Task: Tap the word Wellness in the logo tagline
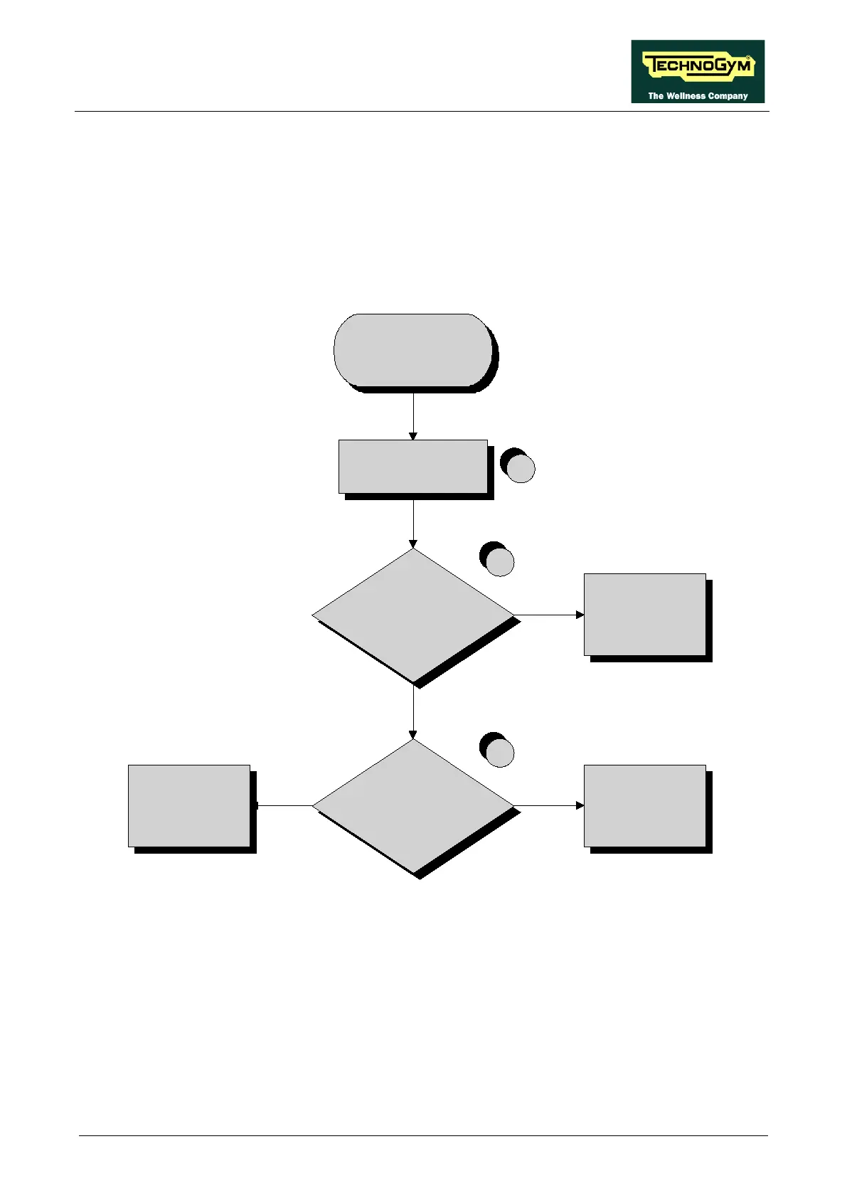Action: tap(686, 96)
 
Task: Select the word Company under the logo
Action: tap(728, 96)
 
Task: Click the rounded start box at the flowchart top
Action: tap(413, 350)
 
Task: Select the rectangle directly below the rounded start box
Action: tap(413, 467)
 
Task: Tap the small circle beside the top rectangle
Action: tap(520, 468)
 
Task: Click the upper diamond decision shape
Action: tap(413, 615)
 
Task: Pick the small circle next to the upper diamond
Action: tap(499, 561)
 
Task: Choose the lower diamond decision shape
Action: tap(413, 806)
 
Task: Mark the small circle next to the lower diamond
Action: tap(499, 752)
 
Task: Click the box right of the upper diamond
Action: tap(645, 615)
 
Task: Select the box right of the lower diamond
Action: tap(645, 806)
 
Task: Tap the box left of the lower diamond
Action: tap(189, 806)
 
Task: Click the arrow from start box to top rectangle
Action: tap(413, 416)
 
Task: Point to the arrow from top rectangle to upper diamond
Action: tap(413, 523)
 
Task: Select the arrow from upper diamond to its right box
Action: tap(548, 615)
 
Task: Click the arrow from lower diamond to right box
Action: tap(548, 806)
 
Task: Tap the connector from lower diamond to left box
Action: tap(284, 806)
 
